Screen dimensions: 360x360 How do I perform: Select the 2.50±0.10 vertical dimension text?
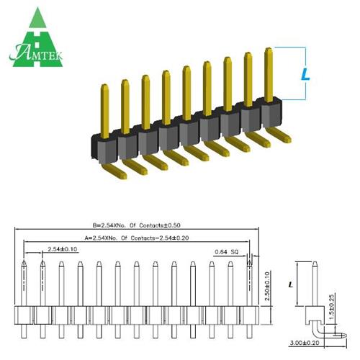pos(269,285)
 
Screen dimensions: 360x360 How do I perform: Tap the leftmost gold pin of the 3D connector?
pos(104,108)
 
